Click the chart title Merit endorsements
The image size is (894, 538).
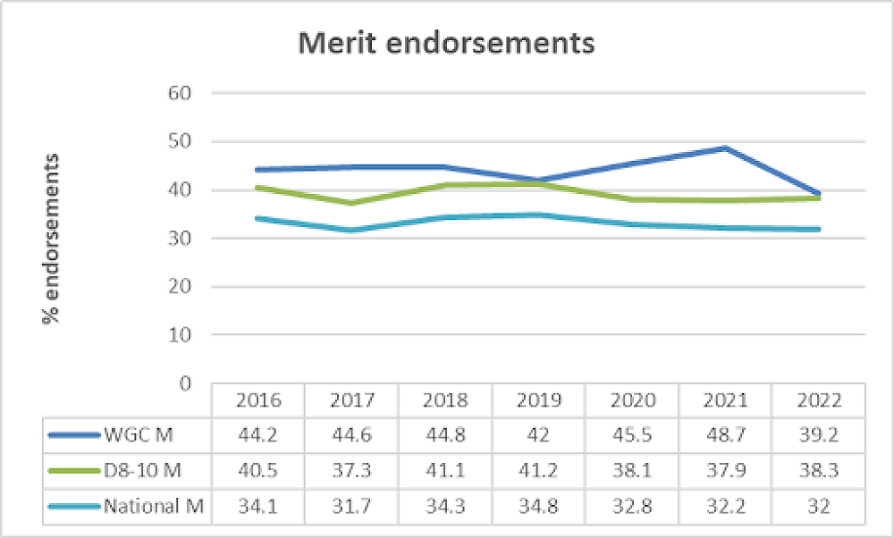(446, 43)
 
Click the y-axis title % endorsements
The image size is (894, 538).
(52, 239)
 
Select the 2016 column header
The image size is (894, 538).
(258, 399)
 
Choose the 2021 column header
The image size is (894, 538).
(725, 399)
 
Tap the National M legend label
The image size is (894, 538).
(154, 507)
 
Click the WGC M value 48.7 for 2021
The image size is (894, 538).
(725, 434)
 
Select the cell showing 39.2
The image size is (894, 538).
(818, 434)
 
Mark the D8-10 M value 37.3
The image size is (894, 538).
(351, 470)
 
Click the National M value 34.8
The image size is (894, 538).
(538, 507)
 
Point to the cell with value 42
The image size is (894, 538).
(538, 434)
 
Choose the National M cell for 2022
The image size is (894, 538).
(818, 507)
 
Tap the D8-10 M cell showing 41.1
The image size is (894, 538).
(445, 470)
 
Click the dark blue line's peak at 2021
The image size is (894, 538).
(725, 147)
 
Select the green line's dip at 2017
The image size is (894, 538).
(351, 203)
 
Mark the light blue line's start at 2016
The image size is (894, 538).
(258, 218)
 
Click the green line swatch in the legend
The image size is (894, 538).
(73, 470)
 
